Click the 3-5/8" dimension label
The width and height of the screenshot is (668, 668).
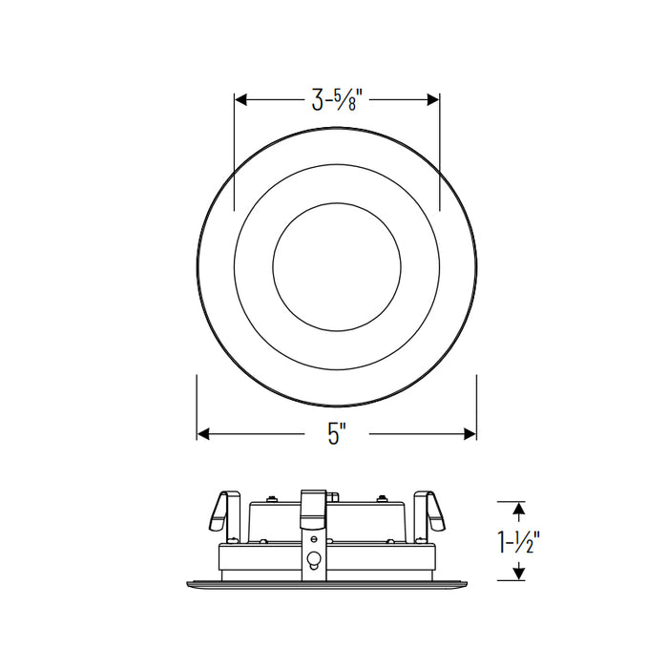(337, 100)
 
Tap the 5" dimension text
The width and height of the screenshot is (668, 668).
(335, 434)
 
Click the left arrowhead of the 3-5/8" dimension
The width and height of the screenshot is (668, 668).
(241, 99)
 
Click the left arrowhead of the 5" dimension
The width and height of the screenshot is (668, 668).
(203, 433)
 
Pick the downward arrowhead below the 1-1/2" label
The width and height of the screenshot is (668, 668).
(518, 574)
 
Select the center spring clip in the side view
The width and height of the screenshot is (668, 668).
(312, 508)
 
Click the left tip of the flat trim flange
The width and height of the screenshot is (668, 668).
(189, 579)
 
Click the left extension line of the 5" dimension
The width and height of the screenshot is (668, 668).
(197, 406)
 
